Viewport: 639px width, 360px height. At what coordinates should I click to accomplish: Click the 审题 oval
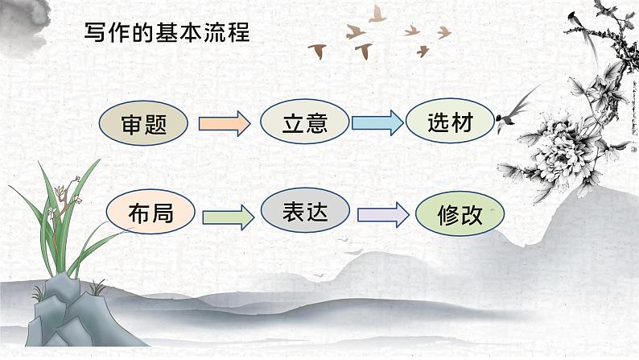pyautogui.click(x=143, y=125)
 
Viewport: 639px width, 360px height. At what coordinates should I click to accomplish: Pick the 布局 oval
pyautogui.click(x=150, y=213)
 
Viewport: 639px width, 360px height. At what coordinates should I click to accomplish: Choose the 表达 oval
pyautogui.click(x=305, y=211)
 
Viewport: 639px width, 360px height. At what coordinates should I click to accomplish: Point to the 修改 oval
pyautogui.click(x=460, y=216)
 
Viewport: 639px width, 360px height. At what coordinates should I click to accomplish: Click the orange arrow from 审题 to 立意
pyautogui.click(x=224, y=124)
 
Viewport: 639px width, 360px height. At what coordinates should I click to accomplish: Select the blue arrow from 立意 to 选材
pyautogui.click(x=377, y=123)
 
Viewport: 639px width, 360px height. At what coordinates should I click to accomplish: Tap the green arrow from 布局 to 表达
pyautogui.click(x=228, y=216)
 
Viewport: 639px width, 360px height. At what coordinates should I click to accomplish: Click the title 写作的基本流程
pyautogui.click(x=167, y=33)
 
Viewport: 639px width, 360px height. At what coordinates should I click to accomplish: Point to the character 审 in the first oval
pyautogui.click(x=131, y=125)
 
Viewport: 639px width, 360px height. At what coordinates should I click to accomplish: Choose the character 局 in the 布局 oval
pyautogui.click(x=163, y=213)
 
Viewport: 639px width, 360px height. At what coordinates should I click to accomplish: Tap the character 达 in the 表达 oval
pyautogui.click(x=317, y=211)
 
